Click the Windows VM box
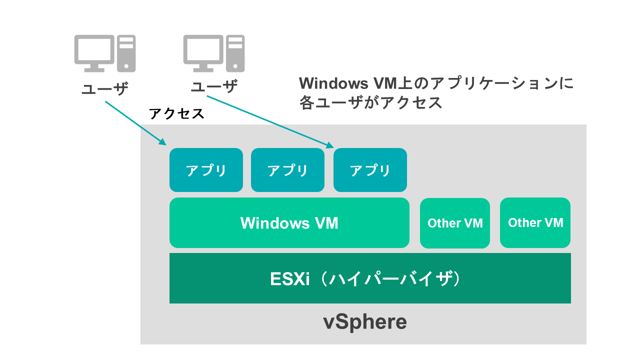click(x=289, y=223)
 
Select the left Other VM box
click(x=454, y=223)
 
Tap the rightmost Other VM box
click(x=535, y=222)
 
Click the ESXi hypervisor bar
click(x=370, y=278)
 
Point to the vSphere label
click(x=364, y=322)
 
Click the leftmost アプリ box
click(x=206, y=170)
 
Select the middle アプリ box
click(x=287, y=170)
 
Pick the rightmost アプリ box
click(x=370, y=170)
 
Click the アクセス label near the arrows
click(x=177, y=113)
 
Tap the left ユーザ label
click(x=104, y=88)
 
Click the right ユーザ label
click(x=214, y=87)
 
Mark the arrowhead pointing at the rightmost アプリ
click(x=329, y=145)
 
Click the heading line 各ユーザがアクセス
click(x=370, y=102)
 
